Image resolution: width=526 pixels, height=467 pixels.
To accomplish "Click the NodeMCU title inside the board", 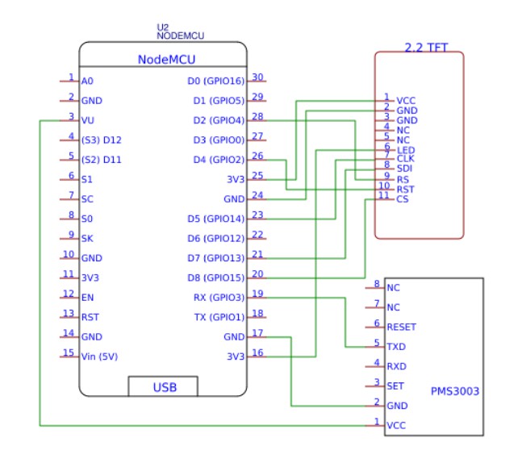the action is pos(166,60).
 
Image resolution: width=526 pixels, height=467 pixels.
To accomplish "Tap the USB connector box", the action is pos(163,386).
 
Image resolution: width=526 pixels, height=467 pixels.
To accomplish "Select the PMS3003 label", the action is pos(455,391).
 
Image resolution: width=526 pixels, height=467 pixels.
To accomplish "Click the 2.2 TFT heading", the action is pos(426,48).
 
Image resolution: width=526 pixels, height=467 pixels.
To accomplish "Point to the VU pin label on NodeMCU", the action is pos(88,120).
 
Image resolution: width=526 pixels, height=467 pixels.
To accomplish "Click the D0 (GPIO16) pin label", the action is pos(216,81).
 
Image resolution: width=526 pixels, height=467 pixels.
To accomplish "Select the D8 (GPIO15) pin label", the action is pos(216,278).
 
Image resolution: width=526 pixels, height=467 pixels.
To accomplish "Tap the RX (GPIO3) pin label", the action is pos(219,298).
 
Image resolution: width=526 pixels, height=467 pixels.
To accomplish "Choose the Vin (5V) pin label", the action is pos(99,357).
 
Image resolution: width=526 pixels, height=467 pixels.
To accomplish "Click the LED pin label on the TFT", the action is pos(406,150).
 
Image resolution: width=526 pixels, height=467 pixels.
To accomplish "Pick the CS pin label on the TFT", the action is pos(403,199).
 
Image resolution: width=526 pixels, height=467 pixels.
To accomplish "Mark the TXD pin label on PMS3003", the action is pos(396,347).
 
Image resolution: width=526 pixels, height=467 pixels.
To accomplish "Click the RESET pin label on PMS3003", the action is pos(402,327).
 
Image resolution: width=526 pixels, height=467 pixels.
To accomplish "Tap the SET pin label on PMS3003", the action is pos(395,386).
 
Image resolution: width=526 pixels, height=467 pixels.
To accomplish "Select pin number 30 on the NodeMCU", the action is pos(257,77).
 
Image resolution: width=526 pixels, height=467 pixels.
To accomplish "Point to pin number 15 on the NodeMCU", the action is pos(69,352).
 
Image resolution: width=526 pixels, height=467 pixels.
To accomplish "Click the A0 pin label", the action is pos(87,81).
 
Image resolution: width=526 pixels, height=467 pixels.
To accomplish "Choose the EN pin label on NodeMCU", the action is pos(88,298).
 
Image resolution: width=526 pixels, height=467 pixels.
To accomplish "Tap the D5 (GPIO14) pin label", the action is pos(216,219).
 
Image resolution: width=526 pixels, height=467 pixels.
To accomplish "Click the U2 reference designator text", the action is pos(163,27).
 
